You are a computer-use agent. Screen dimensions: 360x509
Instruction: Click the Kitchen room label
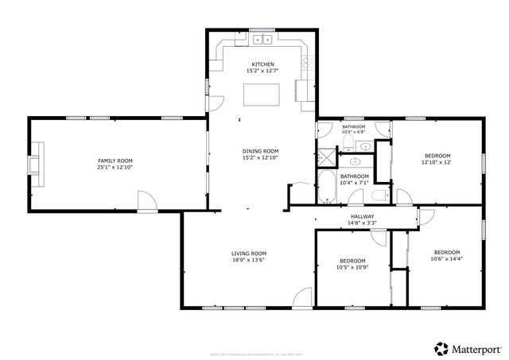[x=262, y=64]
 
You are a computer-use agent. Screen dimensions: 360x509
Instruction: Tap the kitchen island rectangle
[x=262, y=95]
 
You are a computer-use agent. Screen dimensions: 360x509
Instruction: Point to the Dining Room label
[x=262, y=151]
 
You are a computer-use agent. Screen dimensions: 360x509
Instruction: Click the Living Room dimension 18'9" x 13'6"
[x=248, y=260]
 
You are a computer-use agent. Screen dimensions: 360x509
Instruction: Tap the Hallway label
[x=363, y=216]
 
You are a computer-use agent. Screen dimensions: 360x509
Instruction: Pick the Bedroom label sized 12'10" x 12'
[x=437, y=156]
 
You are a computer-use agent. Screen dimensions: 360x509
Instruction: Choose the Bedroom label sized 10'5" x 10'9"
[x=352, y=261]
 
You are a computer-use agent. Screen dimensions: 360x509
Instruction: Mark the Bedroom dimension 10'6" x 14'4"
[x=446, y=258]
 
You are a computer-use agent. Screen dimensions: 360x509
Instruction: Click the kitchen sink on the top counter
[x=262, y=39]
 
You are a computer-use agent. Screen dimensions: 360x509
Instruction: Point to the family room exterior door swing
[x=146, y=200]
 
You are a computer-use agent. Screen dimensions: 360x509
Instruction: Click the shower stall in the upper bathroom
[x=326, y=156]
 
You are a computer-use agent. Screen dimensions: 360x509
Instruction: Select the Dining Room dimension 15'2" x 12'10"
[x=262, y=157]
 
